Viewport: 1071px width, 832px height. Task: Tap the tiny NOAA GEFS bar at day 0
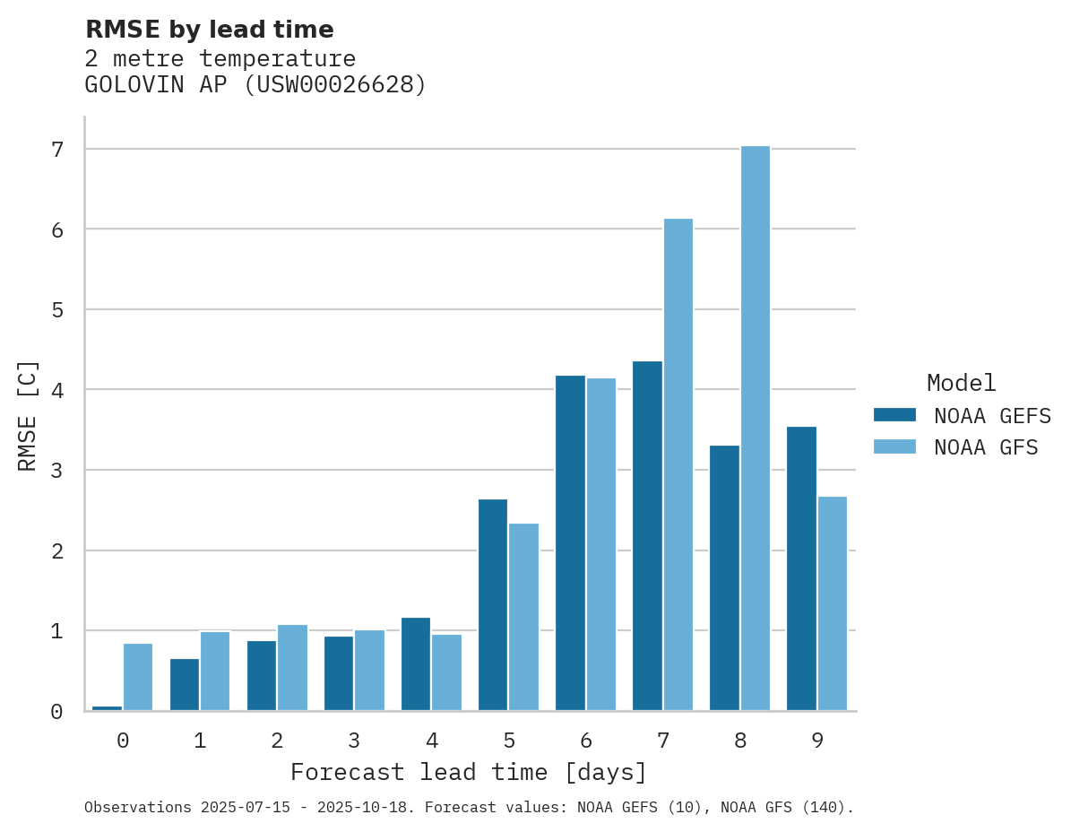(x=107, y=707)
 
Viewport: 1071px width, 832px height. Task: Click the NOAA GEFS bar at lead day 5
(x=493, y=605)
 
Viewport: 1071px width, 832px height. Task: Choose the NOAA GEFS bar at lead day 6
(x=570, y=543)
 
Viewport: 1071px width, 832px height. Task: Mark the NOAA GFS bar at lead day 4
(x=446, y=672)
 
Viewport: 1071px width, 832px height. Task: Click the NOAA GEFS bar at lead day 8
(x=724, y=578)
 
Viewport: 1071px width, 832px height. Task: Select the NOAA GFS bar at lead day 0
(x=138, y=677)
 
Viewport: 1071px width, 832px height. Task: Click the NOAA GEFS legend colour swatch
(x=894, y=415)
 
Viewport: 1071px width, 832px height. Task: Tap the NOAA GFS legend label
(x=986, y=447)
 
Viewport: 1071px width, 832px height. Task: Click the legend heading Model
(x=961, y=384)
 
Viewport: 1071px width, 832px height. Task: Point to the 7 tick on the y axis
(x=57, y=150)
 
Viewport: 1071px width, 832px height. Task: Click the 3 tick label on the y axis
(x=57, y=471)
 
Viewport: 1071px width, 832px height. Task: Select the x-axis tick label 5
(x=509, y=741)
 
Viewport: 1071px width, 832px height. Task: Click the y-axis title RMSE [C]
(x=28, y=415)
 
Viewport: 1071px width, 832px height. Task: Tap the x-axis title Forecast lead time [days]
(x=469, y=773)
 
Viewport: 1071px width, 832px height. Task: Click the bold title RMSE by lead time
(x=209, y=30)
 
